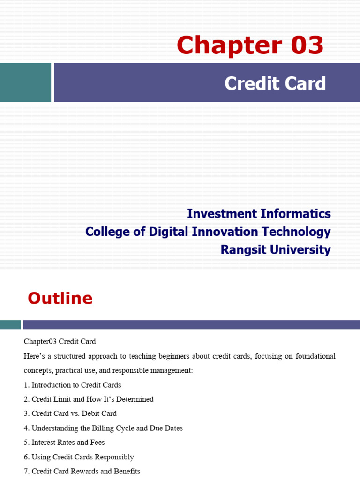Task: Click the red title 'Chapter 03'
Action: coord(250,45)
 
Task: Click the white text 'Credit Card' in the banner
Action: coord(275,83)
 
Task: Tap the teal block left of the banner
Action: coord(25,82)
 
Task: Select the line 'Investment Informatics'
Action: coord(259,214)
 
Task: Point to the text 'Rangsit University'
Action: coord(276,250)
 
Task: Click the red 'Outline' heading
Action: coord(60,299)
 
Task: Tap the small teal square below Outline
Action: coord(10,324)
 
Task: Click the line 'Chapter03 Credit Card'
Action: coord(60,342)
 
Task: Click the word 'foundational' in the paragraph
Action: coord(315,356)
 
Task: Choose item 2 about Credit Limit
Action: coord(89,399)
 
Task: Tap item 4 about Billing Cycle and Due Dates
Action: coord(103,428)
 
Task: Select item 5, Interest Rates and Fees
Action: coord(64,442)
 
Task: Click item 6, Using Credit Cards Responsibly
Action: coord(79,457)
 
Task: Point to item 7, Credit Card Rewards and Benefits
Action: coord(82,472)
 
